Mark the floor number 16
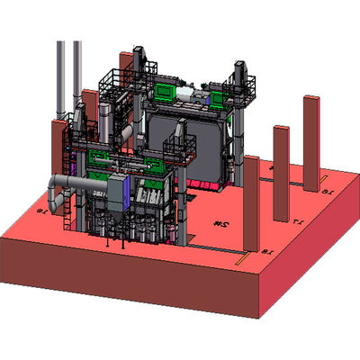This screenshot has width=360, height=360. (328, 191)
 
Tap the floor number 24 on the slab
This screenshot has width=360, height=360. (218, 220)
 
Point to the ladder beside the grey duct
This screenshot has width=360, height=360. (71, 212)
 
